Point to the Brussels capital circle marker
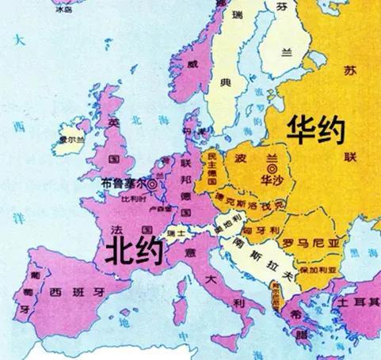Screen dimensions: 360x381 (x=152, y=184)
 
